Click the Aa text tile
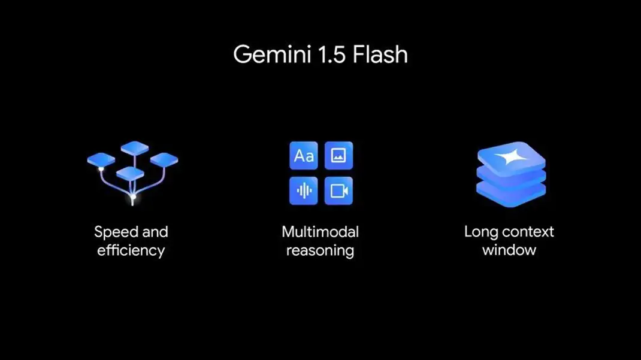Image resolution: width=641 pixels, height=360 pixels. click(304, 156)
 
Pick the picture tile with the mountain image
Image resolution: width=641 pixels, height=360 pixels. click(338, 156)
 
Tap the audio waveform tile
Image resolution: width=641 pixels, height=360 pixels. click(304, 191)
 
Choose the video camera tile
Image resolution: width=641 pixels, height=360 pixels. click(338, 191)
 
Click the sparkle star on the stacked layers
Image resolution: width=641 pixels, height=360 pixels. click(511, 158)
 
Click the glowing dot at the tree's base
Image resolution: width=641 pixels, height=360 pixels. click(133, 196)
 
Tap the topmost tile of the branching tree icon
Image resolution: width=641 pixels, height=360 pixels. click(134, 147)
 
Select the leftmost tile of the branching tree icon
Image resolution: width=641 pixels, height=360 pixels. click(101, 159)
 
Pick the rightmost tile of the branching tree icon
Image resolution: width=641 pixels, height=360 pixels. click(164, 159)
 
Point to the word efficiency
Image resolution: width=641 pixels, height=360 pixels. click(131, 250)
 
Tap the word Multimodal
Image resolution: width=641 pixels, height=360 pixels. click(320, 232)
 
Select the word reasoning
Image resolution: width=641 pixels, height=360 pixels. click(320, 250)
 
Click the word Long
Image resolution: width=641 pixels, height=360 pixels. click(480, 232)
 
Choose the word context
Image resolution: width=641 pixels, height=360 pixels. click(527, 232)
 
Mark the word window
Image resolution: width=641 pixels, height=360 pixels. click(509, 250)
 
